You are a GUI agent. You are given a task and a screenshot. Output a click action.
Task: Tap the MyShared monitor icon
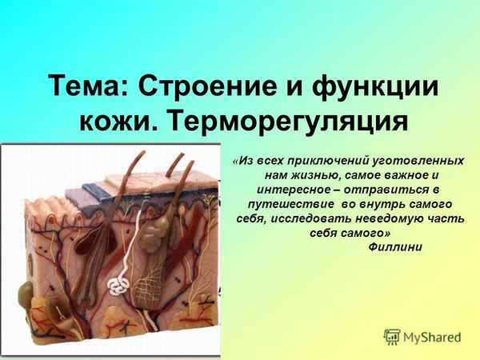(392, 337)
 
